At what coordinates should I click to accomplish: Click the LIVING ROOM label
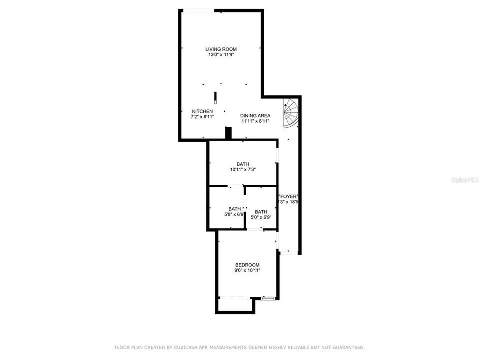point(221,49)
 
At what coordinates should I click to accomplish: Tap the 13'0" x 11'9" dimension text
point(221,55)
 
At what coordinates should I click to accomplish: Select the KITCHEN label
point(203,111)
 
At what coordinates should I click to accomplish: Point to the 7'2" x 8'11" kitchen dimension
point(203,116)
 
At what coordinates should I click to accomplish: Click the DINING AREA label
point(255,115)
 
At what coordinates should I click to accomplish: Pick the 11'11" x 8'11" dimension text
point(255,121)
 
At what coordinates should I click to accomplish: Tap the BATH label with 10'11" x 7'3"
point(243,164)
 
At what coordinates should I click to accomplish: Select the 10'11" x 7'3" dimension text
point(243,170)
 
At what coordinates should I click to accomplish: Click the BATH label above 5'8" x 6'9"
point(234,209)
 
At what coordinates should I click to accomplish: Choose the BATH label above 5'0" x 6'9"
point(261,212)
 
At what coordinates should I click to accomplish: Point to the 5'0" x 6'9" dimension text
point(261,217)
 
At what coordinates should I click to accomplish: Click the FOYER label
point(288,196)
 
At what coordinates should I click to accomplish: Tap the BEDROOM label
point(247,265)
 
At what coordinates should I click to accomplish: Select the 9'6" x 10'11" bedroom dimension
point(247,270)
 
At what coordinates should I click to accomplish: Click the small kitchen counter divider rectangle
point(215,97)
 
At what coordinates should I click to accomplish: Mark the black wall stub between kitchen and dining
point(229,133)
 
